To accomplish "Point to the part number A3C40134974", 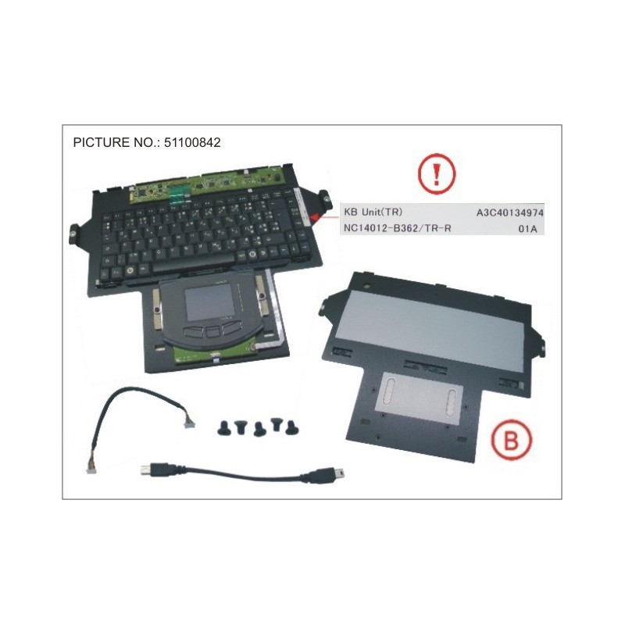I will (x=509, y=212).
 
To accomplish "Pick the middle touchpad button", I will (x=210, y=330).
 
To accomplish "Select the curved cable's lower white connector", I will (x=91, y=468).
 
